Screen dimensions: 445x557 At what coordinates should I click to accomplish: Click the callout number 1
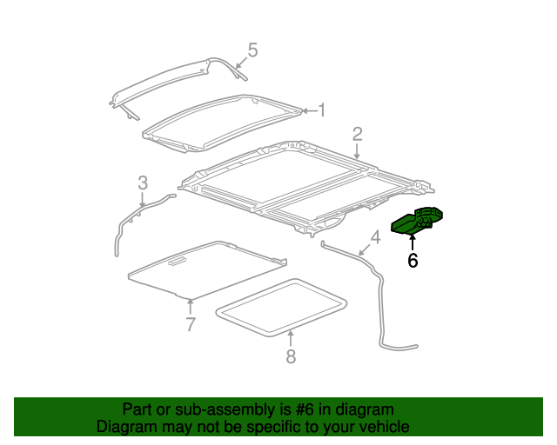[321, 110]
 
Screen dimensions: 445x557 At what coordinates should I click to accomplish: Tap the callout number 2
[357, 133]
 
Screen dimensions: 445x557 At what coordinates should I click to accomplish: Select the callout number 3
[143, 183]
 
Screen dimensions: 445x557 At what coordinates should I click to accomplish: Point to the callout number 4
[375, 237]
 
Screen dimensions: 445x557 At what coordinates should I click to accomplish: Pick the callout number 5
[252, 50]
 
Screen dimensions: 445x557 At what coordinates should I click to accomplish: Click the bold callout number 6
[413, 260]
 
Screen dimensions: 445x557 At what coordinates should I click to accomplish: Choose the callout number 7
[191, 325]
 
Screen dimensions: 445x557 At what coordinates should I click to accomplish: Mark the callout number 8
[291, 355]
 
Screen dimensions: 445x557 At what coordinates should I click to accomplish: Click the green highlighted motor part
[418, 222]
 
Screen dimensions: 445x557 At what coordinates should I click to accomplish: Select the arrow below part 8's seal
[291, 339]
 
